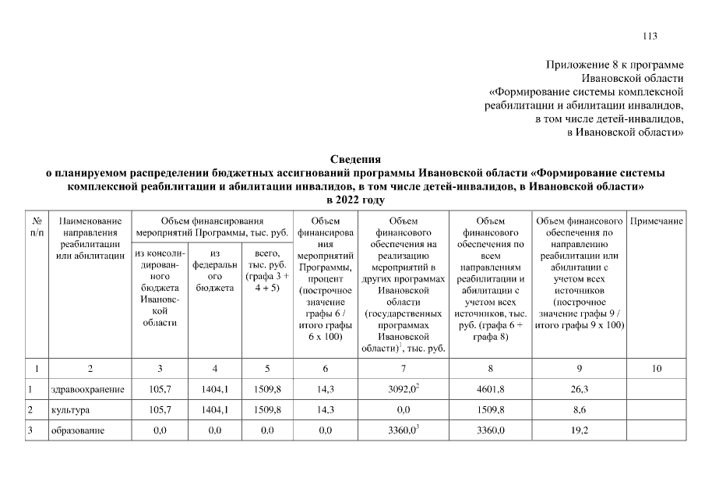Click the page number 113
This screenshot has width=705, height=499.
pos(650,36)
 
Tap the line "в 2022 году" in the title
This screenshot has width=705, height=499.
pos(352,200)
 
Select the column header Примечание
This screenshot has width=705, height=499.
pos(656,222)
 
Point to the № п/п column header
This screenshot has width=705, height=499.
pos(37,228)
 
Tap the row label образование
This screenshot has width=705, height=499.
pos(77,430)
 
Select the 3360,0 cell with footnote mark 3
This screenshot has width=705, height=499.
pos(404,430)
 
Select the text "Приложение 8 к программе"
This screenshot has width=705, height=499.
pos(615,65)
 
